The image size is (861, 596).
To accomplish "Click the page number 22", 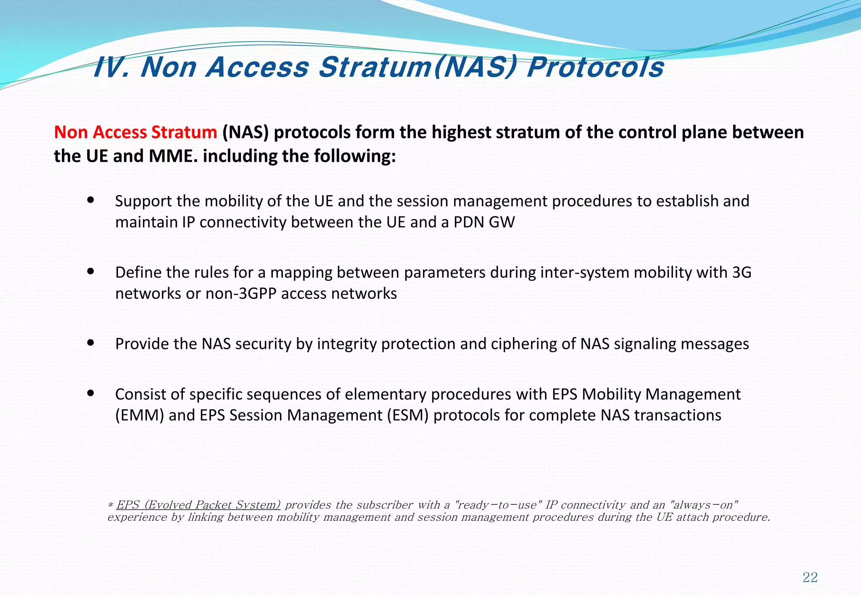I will tap(810, 577).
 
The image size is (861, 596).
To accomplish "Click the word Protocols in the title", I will tap(595, 67).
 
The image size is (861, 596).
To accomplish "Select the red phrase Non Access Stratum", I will tap(135, 132).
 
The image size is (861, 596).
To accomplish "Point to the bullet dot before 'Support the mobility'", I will tap(90, 200).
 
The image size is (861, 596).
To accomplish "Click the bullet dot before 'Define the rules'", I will tap(90, 272).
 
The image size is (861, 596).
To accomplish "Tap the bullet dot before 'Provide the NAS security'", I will tap(90, 343).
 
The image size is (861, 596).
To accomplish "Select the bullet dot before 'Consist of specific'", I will tap(90, 393).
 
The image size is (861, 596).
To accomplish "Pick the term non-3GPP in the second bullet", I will tap(241, 293).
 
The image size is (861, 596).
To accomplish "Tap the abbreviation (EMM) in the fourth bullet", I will tap(140, 415).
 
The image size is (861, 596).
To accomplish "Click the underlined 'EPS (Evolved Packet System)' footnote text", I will tap(198, 504).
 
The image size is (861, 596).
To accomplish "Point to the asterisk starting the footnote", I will tap(111, 505).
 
